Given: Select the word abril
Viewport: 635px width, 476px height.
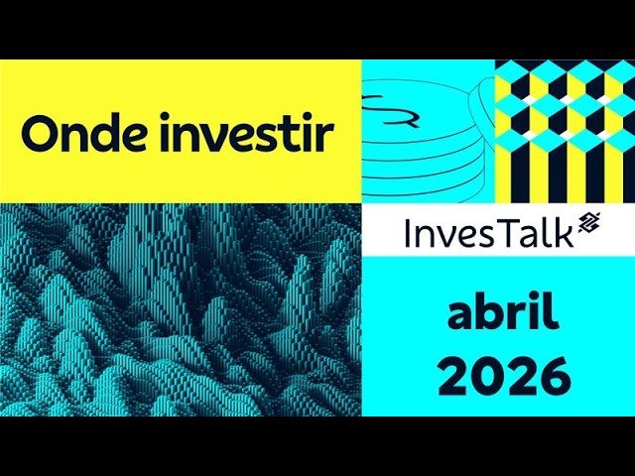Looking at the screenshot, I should point(503,314).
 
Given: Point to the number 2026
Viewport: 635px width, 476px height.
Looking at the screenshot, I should point(504,376).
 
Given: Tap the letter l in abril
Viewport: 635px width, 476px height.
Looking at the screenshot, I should point(551,312).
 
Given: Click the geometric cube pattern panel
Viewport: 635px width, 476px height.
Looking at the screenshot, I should point(565,129).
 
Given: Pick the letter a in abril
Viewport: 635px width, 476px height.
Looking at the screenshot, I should point(460,316).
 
